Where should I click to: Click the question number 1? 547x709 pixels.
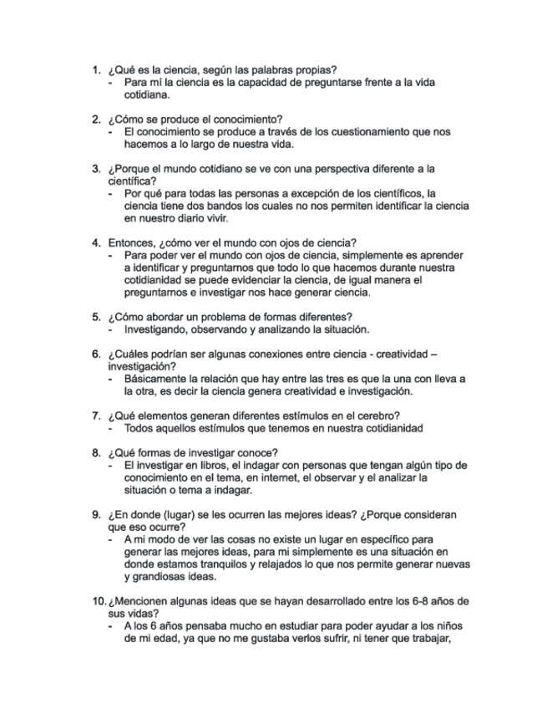pyautogui.click(x=95, y=69)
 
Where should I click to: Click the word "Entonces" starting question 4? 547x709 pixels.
pyautogui.click(x=130, y=243)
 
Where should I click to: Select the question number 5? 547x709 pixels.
pyautogui.click(x=95, y=317)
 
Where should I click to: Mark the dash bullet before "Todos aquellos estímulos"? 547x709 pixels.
pyautogui.click(x=112, y=428)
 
